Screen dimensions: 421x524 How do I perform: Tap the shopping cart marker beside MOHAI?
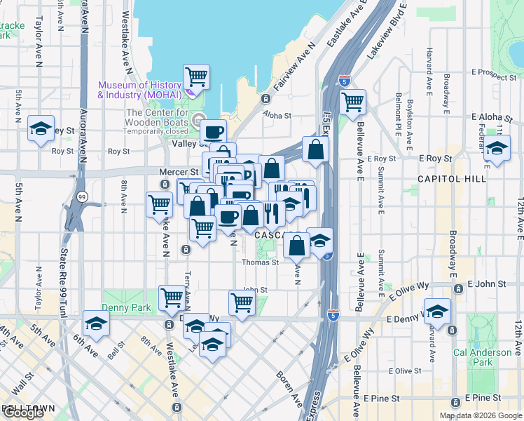click(196, 77)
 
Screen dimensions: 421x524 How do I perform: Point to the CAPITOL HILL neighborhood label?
click(451, 179)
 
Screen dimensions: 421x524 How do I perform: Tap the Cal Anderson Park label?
click(482, 357)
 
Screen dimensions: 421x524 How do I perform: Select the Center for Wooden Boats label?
click(158, 117)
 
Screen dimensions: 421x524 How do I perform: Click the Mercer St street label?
click(185, 171)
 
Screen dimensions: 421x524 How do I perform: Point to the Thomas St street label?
click(260, 262)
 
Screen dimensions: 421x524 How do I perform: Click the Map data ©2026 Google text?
click(480, 415)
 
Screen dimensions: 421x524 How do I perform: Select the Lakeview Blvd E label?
click(393, 28)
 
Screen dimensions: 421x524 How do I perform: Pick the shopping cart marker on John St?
click(242, 303)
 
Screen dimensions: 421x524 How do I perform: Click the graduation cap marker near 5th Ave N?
click(41, 129)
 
